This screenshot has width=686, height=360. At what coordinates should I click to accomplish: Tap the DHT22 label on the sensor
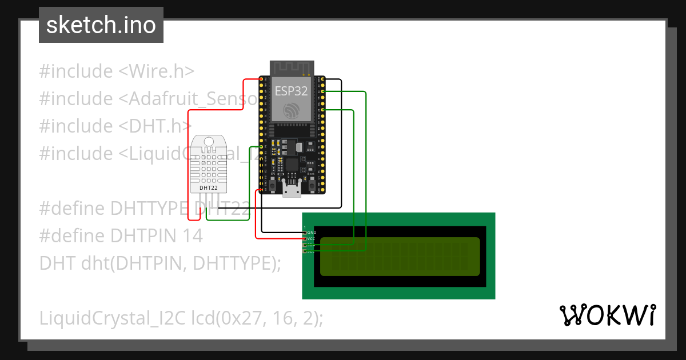click(208, 187)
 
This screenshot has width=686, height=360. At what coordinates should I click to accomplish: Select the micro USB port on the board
click(292, 191)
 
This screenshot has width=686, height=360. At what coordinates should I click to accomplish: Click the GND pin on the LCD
click(305, 233)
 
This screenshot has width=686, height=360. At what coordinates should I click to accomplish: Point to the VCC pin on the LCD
click(305, 239)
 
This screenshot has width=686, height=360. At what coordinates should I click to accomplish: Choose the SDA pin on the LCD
click(305, 245)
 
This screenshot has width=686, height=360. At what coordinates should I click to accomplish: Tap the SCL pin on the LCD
click(305, 251)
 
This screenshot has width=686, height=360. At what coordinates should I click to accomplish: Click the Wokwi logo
click(607, 315)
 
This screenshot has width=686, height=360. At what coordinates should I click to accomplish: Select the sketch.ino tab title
click(101, 25)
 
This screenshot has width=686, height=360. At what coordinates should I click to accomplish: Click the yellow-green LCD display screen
click(400, 257)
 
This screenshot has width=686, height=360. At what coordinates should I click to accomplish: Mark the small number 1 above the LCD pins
click(305, 227)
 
